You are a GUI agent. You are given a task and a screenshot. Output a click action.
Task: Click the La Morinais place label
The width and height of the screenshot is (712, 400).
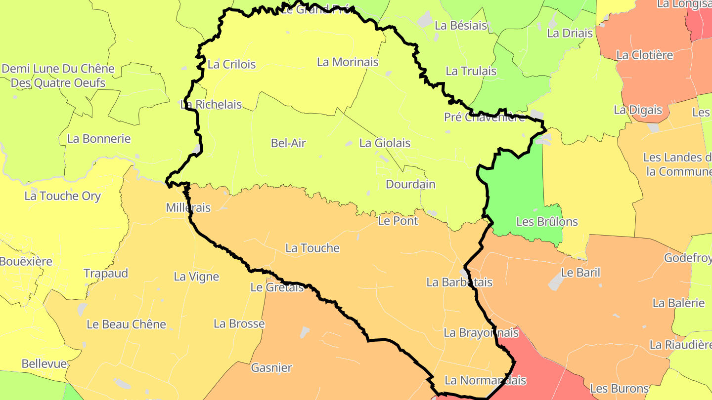[x=348, y=62]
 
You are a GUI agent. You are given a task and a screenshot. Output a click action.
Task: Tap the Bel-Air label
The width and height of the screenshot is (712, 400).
[x=288, y=143]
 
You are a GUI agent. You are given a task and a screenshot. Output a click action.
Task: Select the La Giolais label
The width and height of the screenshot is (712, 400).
[x=385, y=143]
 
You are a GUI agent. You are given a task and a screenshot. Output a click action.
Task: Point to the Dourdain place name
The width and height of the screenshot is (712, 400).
[x=410, y=185]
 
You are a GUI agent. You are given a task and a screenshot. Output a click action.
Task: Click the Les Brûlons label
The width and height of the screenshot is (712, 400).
[x=547, y=222]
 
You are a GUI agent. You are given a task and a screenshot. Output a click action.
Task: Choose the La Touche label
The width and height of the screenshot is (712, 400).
[x=312, y=248]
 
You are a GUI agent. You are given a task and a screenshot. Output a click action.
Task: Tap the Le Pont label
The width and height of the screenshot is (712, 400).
[x=398, y=221]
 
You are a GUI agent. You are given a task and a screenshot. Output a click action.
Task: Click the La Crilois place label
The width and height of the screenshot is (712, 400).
[x=232, y=64]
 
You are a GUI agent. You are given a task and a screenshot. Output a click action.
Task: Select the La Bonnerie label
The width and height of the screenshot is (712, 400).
[x=99, y=139]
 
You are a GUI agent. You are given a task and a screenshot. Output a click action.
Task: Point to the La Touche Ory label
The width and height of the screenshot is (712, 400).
[x=63, y=196]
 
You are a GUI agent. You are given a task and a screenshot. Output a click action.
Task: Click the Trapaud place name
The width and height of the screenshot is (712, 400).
[x=106, y=274]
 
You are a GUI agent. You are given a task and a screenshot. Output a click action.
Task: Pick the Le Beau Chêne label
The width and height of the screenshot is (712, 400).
[x=127, y=324]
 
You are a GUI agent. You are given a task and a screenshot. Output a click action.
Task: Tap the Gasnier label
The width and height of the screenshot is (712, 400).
[x=271, y=368]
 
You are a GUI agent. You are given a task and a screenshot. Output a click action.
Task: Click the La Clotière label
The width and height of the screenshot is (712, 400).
[x=644, y=55]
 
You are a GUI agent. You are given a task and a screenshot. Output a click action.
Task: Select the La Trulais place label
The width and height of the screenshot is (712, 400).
[x=471, y=71]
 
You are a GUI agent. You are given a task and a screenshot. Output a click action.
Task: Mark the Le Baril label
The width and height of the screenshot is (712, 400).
[x=580, y=273]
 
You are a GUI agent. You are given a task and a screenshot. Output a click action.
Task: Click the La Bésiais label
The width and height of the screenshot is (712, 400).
[x=461, y=26]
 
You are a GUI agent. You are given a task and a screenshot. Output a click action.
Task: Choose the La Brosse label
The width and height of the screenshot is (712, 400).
[x=239, y=324]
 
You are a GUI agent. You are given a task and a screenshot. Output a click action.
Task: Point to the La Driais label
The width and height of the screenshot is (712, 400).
[x=570, y=34]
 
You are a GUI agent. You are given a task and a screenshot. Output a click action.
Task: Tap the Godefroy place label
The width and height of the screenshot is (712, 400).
[x=687, y=258]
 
